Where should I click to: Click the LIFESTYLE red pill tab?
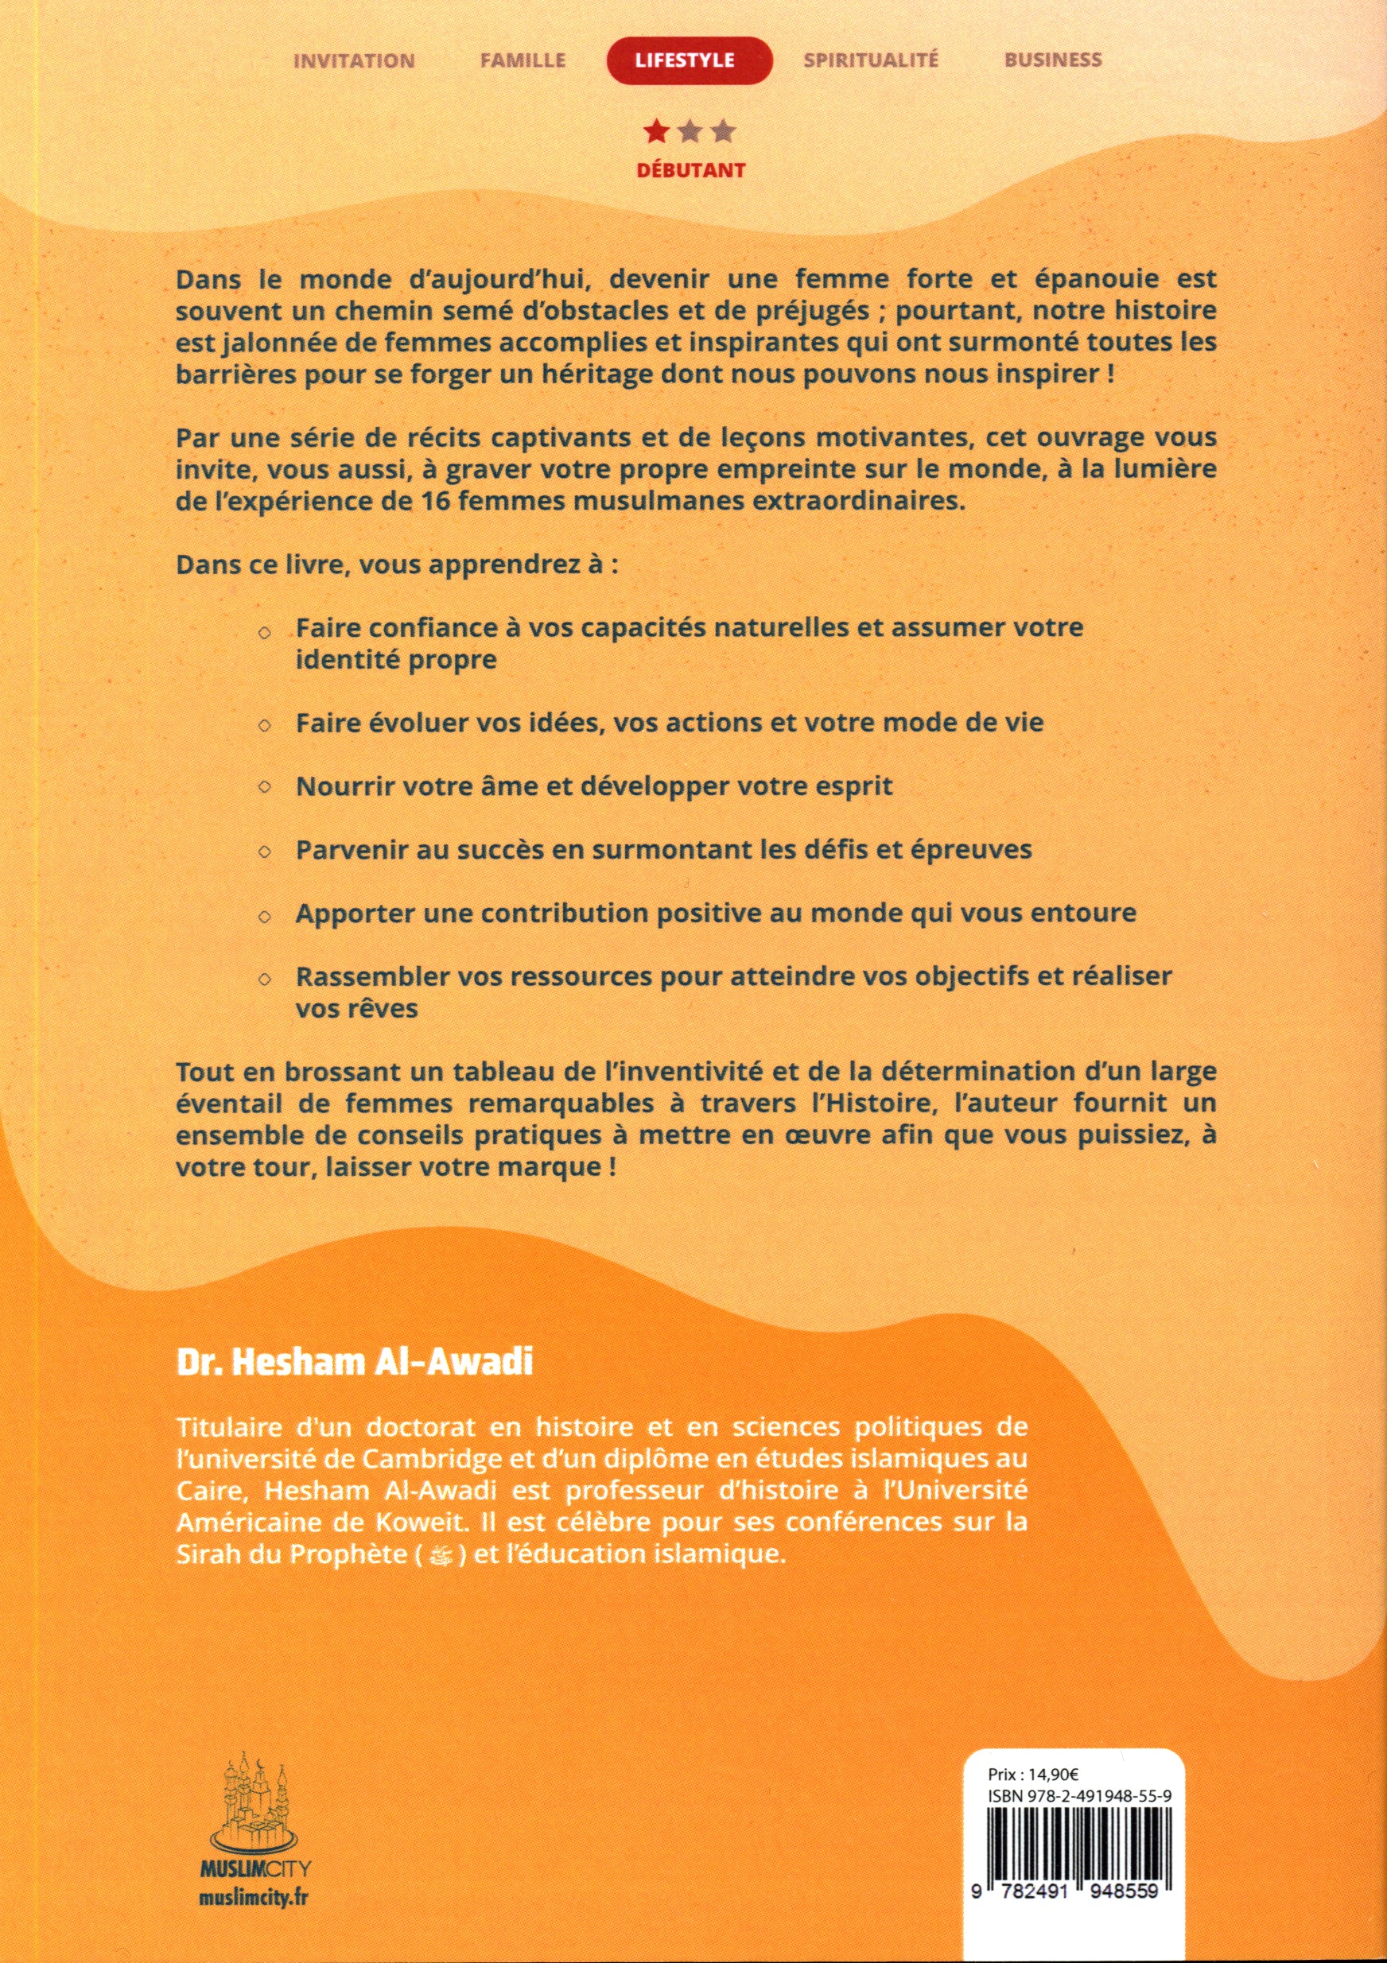689,60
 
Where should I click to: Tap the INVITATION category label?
354,60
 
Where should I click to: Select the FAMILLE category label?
523,60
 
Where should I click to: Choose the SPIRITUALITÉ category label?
871,59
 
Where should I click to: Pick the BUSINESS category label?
1053,59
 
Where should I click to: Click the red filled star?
656,132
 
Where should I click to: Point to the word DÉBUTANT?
691,170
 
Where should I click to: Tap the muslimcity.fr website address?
253,1873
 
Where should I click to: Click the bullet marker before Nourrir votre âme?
265,786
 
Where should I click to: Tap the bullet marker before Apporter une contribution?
265,915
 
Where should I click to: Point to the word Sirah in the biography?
205,1555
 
